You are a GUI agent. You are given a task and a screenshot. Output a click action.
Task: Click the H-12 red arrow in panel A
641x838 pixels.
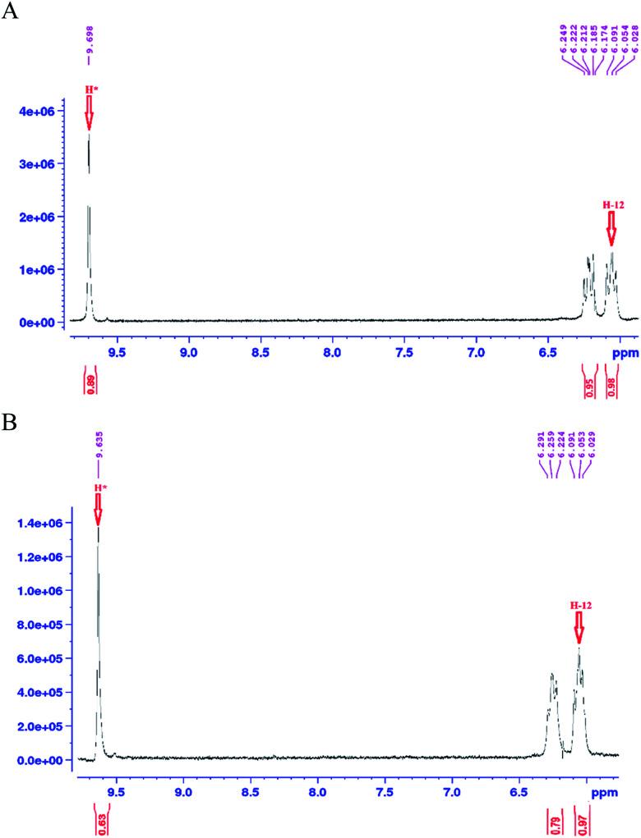point(611,227)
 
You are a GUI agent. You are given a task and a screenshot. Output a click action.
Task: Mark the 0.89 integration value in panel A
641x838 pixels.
point(90,389)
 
